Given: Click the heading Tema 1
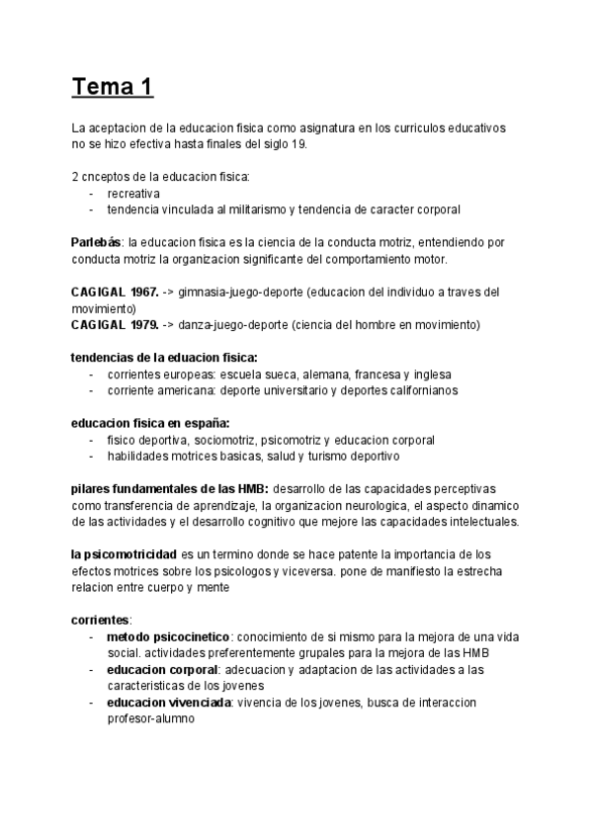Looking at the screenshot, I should (x=112, y=87).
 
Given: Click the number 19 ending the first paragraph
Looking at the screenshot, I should (x=299, y=145).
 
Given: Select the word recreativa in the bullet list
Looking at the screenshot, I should (x=133, y=194).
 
